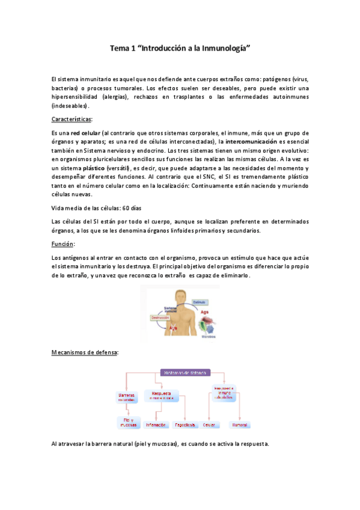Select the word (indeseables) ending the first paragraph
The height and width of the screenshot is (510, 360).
point(71,106)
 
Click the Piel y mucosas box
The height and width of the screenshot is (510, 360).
point(128,422)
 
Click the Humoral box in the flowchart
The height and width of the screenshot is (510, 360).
point(239,425)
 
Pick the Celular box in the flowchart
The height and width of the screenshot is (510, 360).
point(209,425)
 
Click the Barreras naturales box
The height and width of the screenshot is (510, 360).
point(127,397)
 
